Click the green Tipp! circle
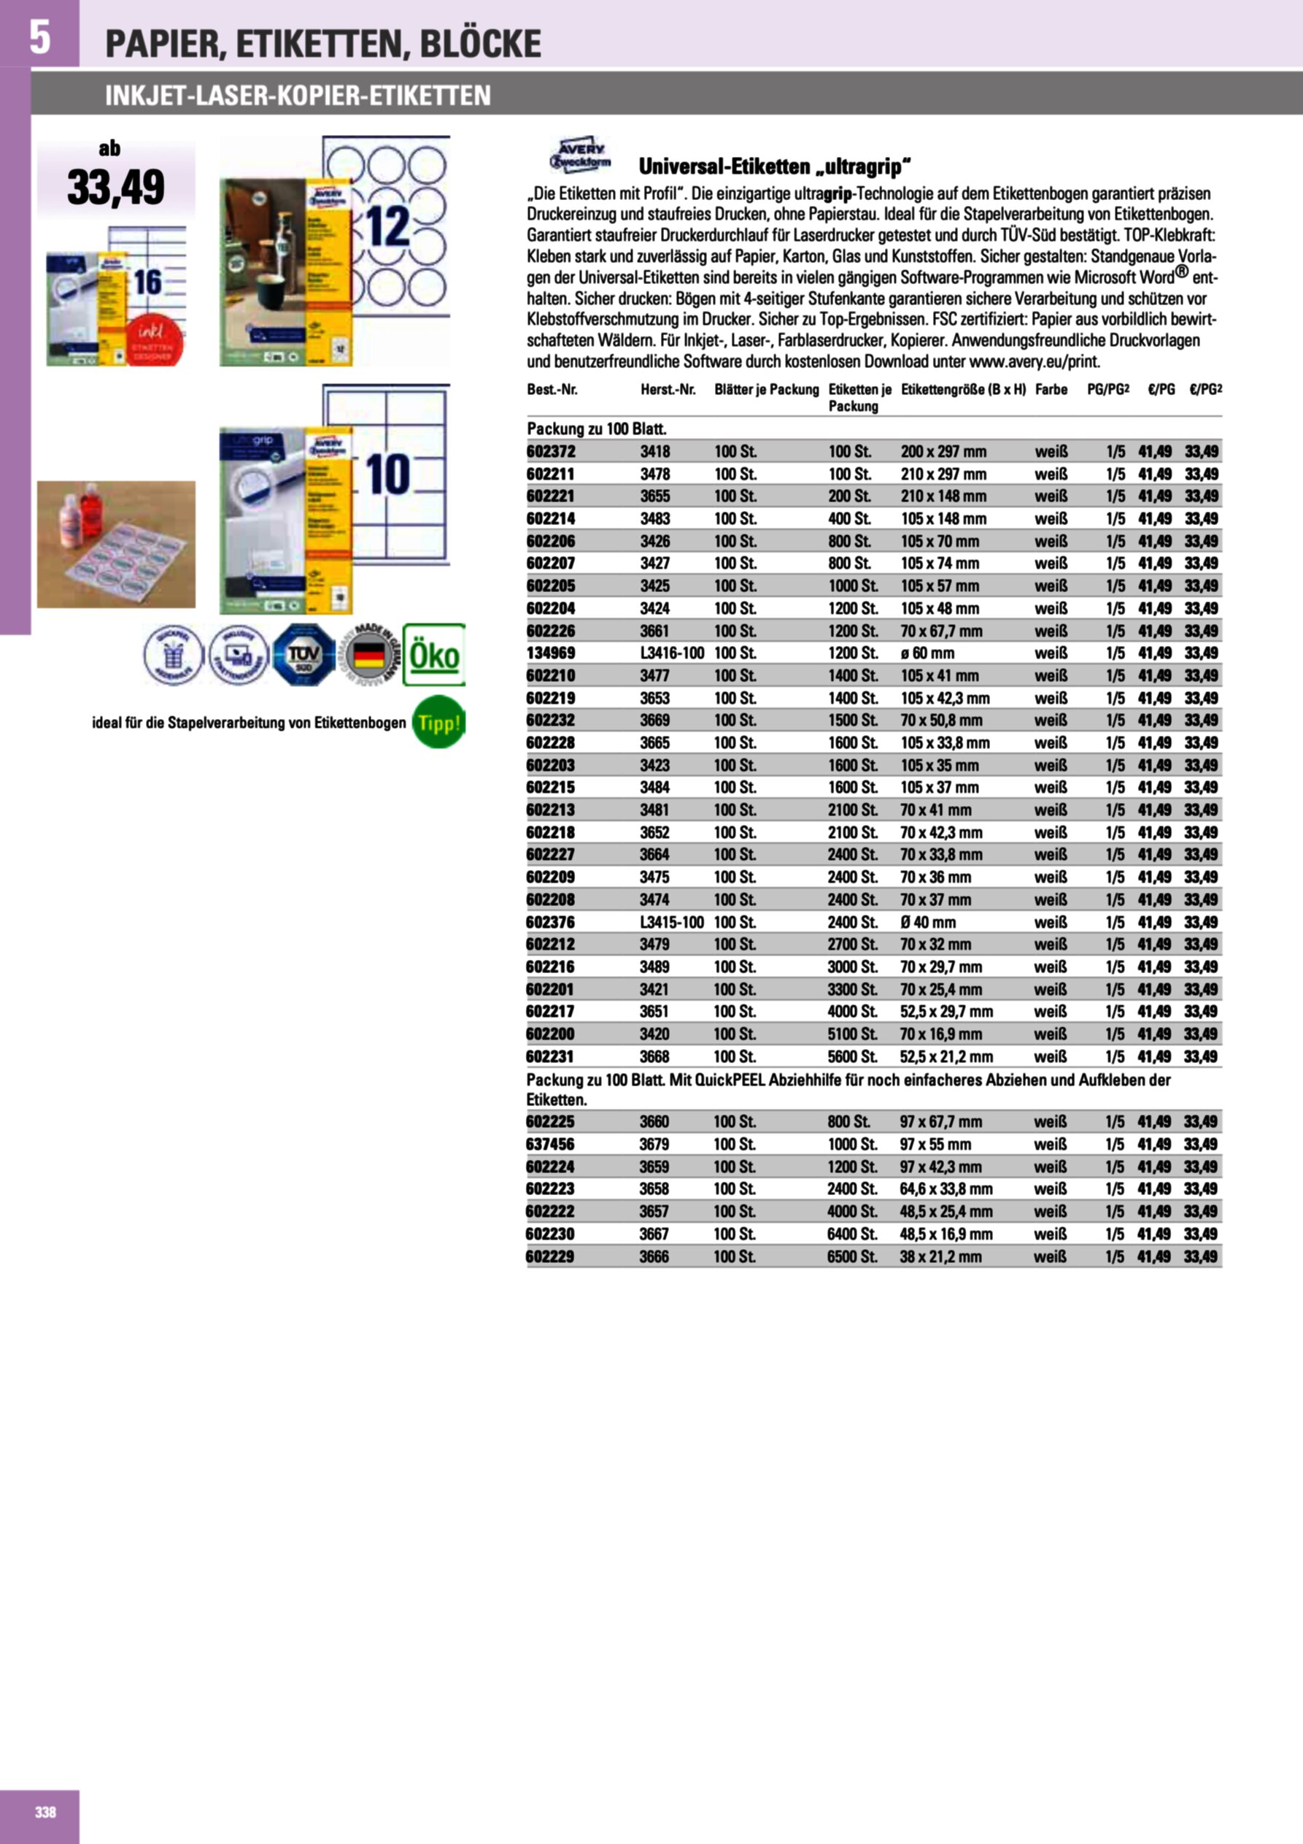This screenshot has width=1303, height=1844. coord(438,722)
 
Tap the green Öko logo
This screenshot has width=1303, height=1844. coord(433,655)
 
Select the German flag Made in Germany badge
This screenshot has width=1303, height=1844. coord(369,655)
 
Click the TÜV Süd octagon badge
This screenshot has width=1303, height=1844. coord(303,655)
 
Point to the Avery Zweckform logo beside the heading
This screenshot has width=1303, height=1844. coord(580,155)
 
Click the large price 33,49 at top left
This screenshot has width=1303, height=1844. coord(117,186)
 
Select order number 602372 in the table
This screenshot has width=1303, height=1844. coord(551,451)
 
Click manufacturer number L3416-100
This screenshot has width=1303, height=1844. coord(672,653)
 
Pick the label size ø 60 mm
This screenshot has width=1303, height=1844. coord(927,653)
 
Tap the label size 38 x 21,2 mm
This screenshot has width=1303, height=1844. coord(940,1256)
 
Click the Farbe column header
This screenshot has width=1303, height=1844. coord(1051,390)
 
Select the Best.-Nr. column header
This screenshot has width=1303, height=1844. coord(552,390)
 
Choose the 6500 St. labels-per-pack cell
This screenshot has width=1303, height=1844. coord(852,1256)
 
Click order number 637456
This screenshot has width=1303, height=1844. coord(550,1144)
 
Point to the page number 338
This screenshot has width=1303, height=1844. coord(46,1812)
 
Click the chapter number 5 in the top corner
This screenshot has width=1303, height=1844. coord(39,38)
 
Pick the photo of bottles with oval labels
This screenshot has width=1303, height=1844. coord(117,544)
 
